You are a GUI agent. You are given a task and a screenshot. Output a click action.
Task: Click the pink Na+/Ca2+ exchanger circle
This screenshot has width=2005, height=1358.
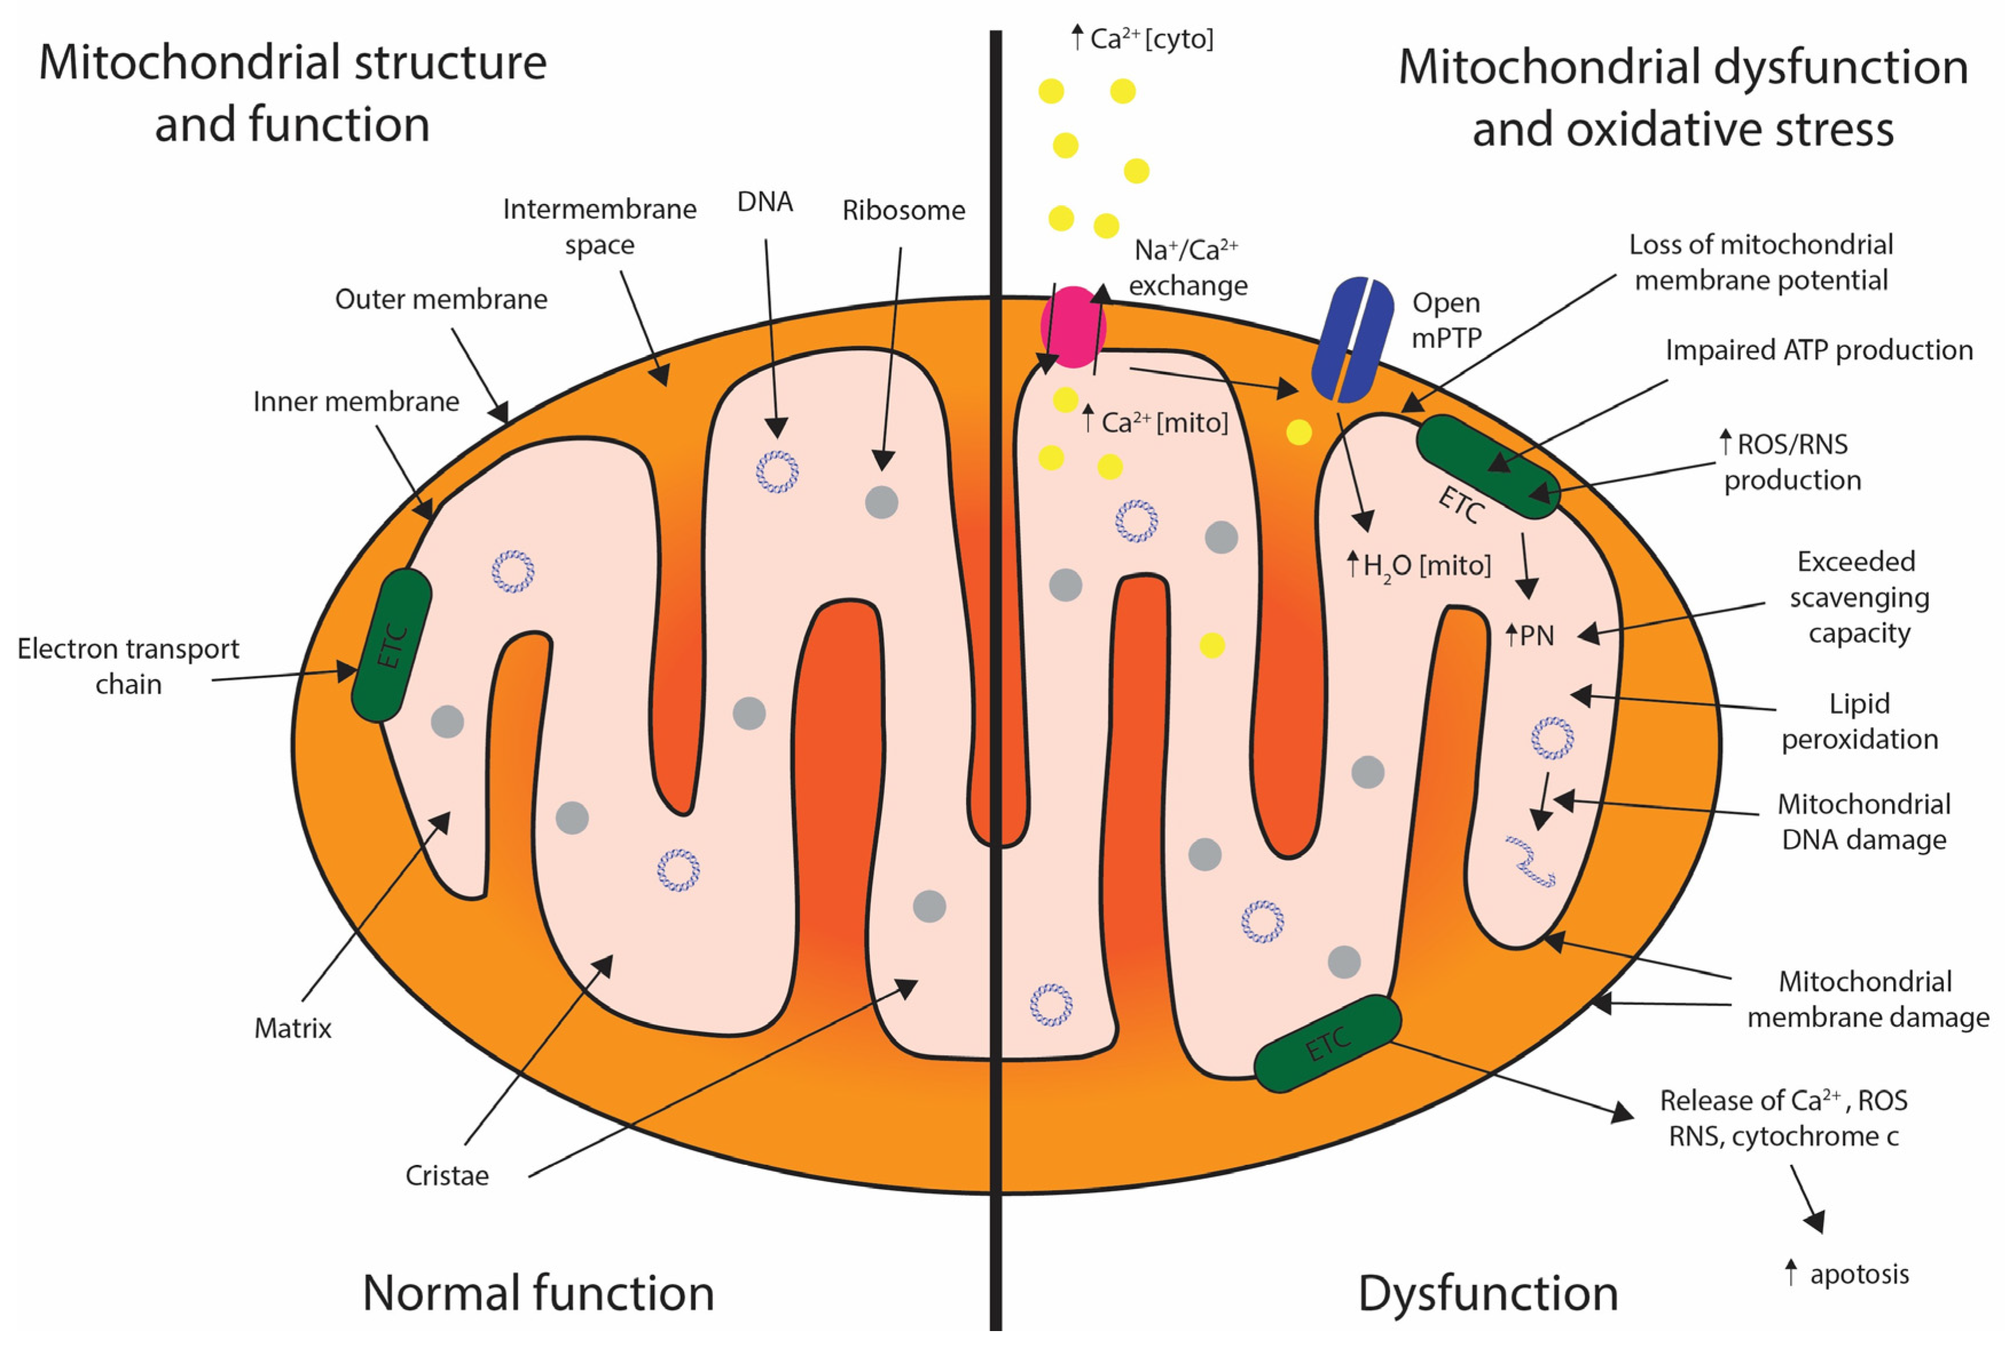point(1072,327)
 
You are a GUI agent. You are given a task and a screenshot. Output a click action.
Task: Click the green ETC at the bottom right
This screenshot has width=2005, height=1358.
point(1327,1044)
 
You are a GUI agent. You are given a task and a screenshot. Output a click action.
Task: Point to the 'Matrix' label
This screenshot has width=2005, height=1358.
point(292,1028)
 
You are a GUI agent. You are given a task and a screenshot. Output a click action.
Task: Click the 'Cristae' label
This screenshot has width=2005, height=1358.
point(447,1175)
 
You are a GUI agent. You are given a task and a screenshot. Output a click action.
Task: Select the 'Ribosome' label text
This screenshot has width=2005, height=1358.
point(903,210)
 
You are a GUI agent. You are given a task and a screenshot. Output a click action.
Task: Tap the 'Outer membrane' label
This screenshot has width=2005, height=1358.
point(441,299)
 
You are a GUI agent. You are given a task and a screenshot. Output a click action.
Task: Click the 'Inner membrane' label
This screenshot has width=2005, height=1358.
point(355,402)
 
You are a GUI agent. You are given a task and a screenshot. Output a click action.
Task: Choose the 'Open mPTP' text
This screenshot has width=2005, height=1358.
point(1447,320)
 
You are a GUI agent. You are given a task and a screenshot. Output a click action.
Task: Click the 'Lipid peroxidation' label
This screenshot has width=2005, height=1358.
point(1859,721)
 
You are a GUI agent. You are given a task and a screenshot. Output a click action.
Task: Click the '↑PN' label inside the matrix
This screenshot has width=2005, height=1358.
point(1530,636)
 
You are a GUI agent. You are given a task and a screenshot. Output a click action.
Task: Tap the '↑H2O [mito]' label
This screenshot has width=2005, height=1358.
point(1419,566)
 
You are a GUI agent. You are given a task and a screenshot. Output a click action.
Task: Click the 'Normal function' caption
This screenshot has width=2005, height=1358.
point(538,1293)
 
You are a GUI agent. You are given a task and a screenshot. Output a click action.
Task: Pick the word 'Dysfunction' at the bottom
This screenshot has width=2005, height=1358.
point(1487,1293)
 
